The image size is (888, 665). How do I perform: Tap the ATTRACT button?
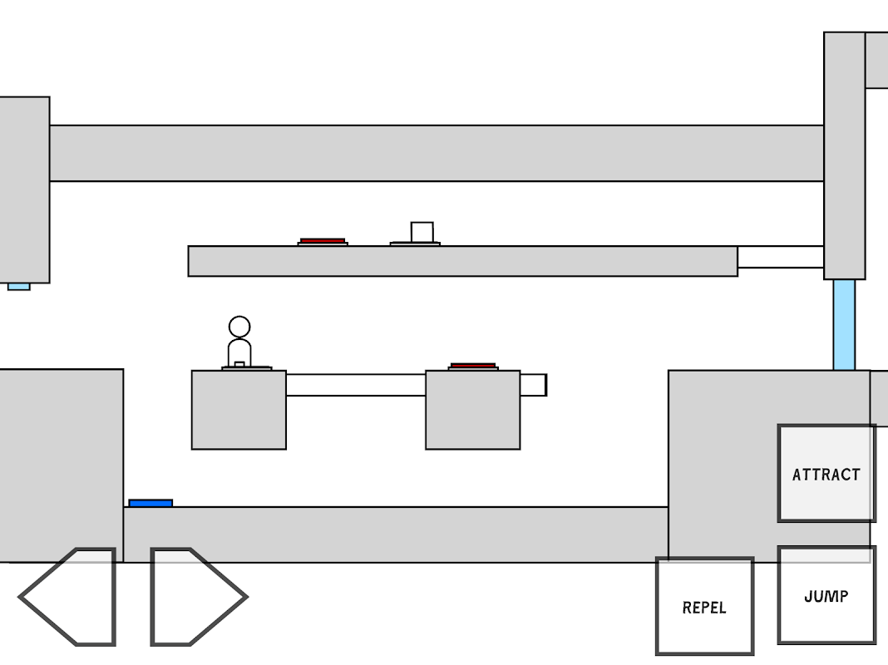826,474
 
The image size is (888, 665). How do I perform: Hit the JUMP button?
826,595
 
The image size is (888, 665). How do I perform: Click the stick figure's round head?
239,327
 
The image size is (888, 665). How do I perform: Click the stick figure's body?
239,351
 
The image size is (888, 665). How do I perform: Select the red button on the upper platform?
323,241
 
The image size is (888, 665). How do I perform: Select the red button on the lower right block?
473,366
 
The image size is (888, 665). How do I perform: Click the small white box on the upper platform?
422,231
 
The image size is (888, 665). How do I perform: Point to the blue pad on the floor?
150,503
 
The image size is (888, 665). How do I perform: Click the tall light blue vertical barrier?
844,324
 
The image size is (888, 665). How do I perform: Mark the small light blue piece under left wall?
19,287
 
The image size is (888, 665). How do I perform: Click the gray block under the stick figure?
239,411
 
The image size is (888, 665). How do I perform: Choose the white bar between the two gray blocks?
356,385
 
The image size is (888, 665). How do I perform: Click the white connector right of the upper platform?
780,257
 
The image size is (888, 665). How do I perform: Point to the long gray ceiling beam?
437,153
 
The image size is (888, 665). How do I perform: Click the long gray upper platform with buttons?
462,261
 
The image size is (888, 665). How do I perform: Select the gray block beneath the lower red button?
473,411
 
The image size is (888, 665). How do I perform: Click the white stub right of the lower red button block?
533,385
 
